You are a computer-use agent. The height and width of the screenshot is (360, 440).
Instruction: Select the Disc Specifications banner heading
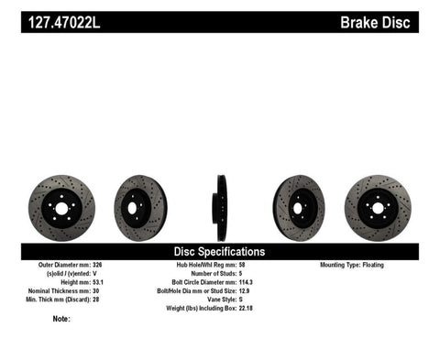point(220,250)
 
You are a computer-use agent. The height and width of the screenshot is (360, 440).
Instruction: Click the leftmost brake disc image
point(61,209)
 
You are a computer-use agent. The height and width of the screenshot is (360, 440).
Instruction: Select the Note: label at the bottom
point(61,320)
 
